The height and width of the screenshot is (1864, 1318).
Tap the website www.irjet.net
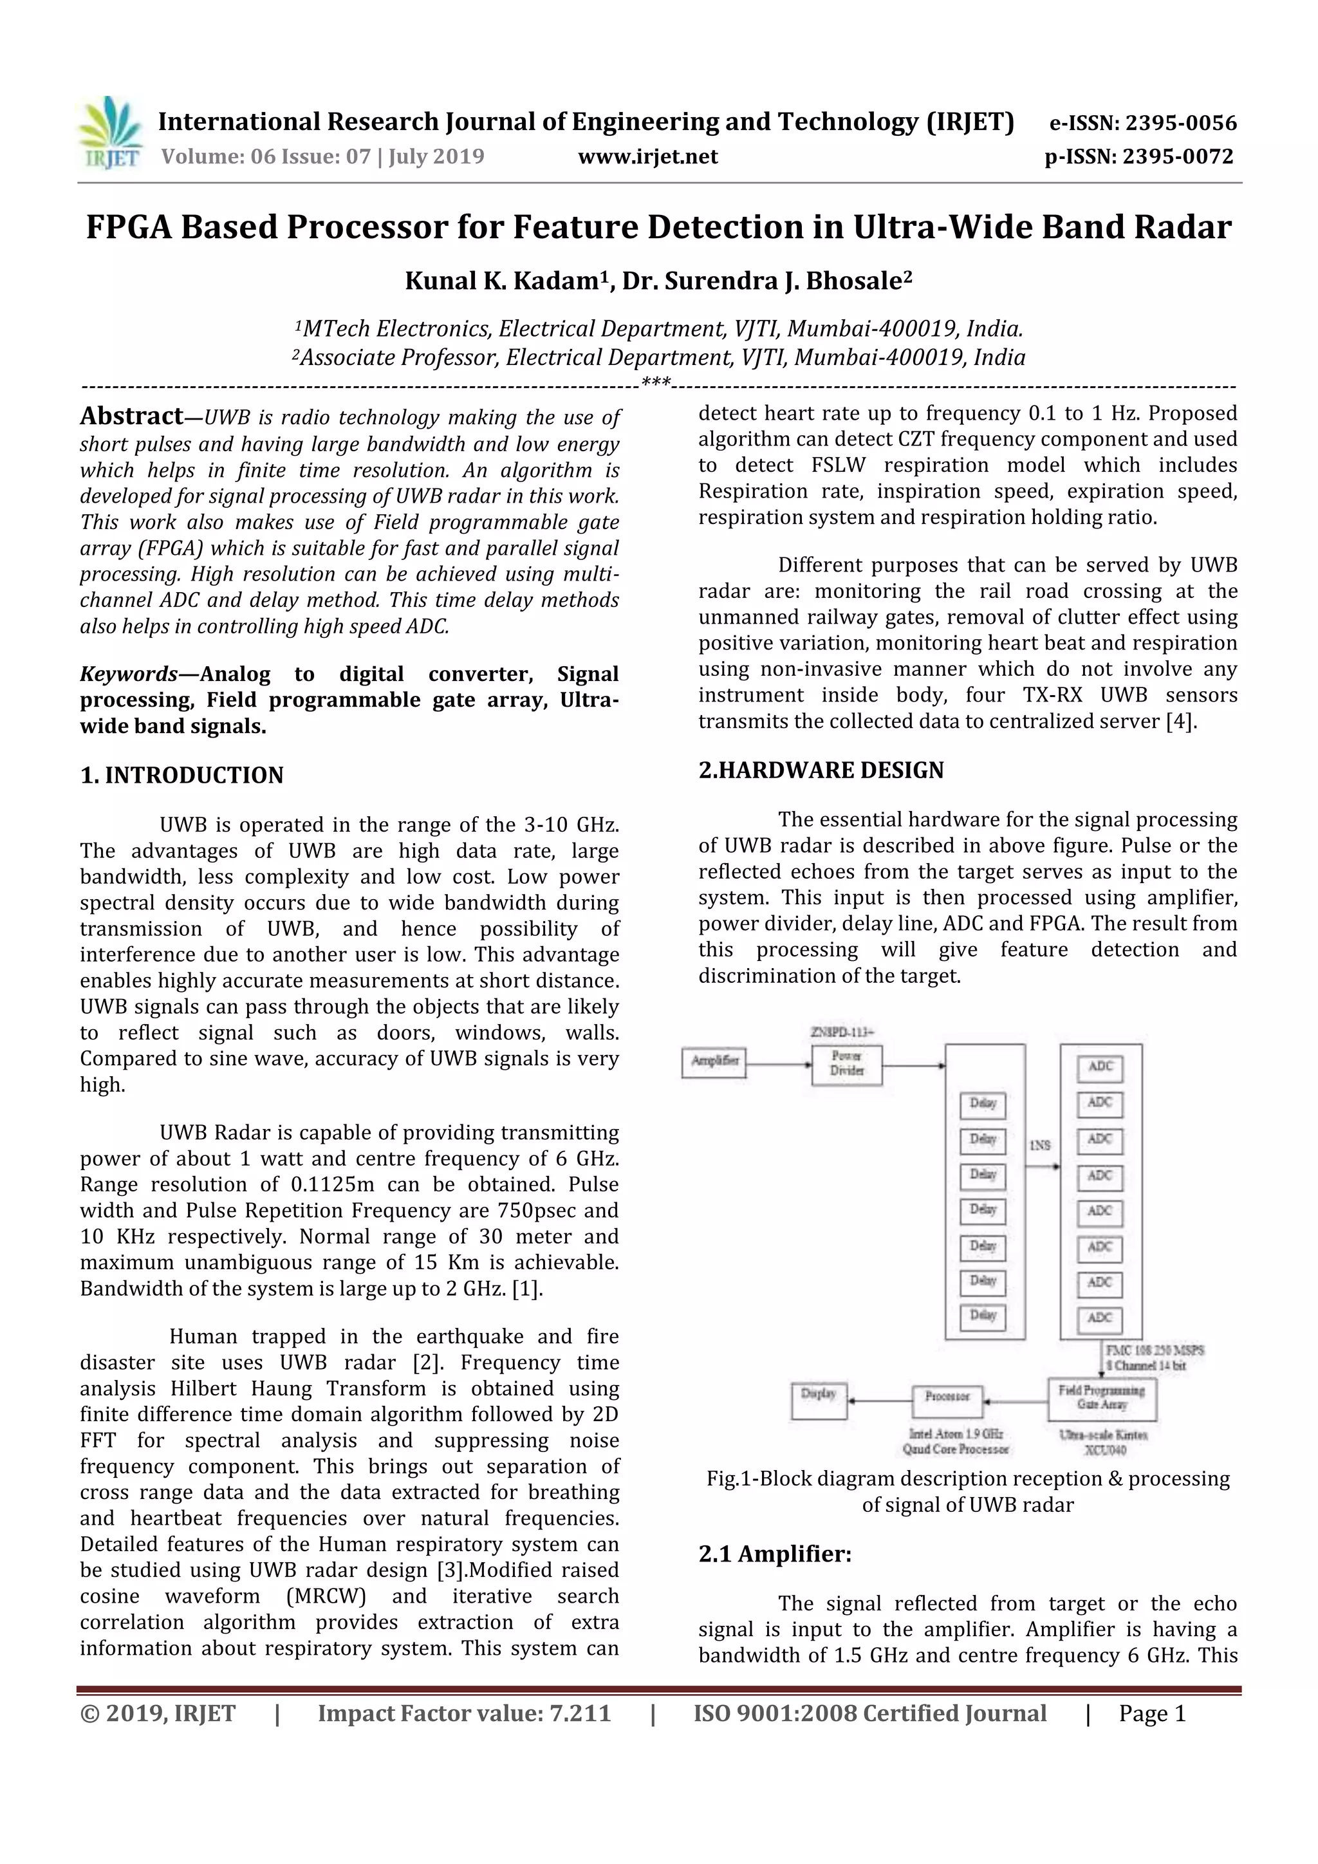(x=647, y=156)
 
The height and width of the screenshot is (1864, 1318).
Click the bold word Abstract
(x=131, y=416)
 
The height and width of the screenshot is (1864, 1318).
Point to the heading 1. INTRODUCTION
(x=181, y=776)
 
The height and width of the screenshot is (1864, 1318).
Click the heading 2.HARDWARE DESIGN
(x=821, y=770)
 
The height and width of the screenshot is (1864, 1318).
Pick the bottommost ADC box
(x=1100, y=1318)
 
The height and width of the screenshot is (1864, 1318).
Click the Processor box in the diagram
(x=947, y=1397)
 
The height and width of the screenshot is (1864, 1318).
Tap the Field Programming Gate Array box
(x=1101, y=1398)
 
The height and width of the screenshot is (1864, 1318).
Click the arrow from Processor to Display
(x=880, y=1401)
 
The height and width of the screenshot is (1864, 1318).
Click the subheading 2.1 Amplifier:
(x=775, y=1554)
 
